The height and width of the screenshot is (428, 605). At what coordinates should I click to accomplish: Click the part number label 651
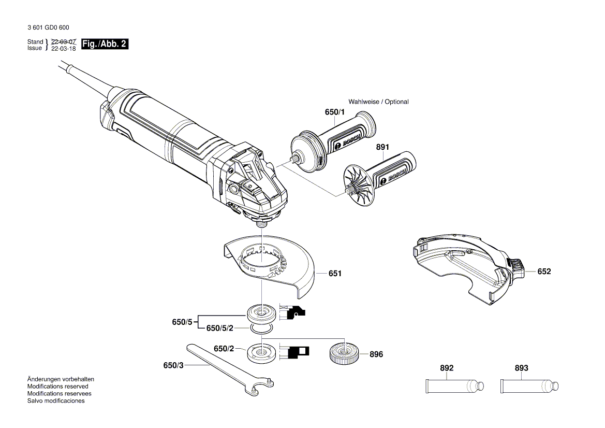[335, 273]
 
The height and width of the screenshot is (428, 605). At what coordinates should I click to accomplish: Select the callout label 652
[544, 272]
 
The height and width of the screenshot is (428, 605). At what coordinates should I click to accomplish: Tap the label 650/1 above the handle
[334, 112]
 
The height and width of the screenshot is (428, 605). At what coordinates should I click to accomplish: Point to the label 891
[382, 147]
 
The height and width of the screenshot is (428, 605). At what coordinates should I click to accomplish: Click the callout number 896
[376, 354]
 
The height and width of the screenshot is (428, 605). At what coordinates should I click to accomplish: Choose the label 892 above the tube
[447, 368]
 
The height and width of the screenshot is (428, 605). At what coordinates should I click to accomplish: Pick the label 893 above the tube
[522, 368]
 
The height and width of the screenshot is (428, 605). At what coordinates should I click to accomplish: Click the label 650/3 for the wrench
[173, 365]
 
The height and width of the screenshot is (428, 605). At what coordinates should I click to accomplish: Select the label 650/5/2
[220, 328]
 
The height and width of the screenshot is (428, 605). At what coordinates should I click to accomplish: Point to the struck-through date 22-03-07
[64, 41]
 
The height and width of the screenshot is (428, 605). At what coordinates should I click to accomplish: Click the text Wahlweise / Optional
[378, 102]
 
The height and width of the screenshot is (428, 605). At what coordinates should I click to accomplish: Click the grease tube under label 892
[454, 386]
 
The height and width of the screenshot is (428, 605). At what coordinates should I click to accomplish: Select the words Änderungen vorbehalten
[61, 379]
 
